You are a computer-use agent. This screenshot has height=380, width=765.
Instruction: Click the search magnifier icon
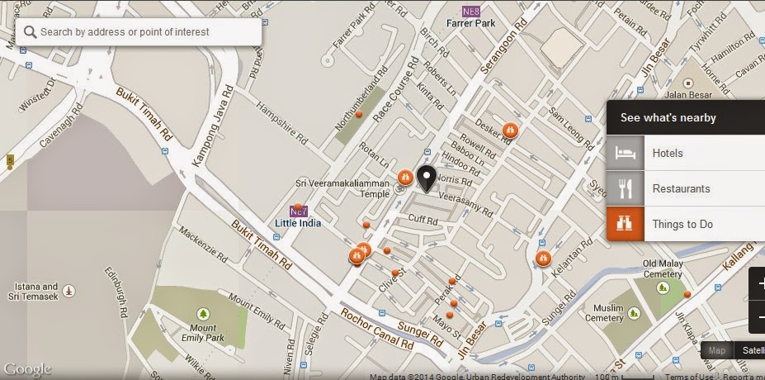coord(31,32)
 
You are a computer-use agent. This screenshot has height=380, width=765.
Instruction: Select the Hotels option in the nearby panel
coord(667,153)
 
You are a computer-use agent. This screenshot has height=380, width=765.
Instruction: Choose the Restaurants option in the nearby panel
coord(681,188)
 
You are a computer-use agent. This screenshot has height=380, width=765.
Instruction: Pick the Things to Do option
coord(682,224)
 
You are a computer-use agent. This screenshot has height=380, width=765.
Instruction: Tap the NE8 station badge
coord(471,12)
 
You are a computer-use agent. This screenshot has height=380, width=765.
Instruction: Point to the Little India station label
coord(298,223)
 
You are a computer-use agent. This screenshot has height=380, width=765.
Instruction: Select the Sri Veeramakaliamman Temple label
coord(341,188)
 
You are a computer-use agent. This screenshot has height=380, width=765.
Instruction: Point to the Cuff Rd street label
coord(423,219)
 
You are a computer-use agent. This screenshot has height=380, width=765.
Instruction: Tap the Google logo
coord(27,368)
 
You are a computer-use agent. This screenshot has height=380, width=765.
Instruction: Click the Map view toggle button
coord(716,350)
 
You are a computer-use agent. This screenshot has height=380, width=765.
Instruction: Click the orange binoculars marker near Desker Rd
coord(510,130)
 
